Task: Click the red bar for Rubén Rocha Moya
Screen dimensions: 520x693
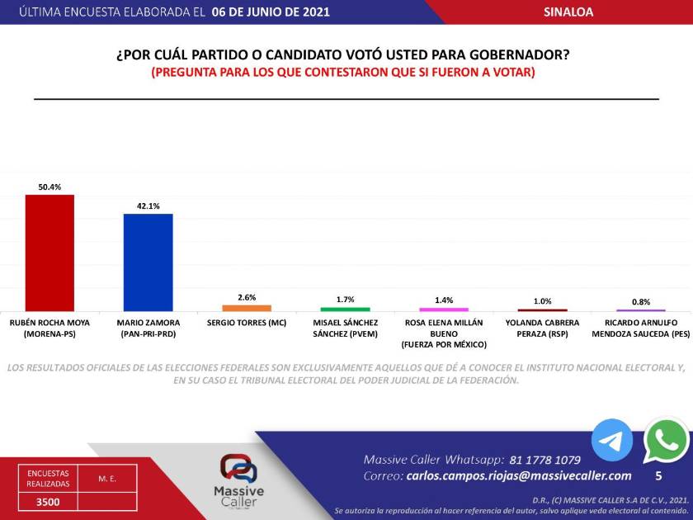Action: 49,253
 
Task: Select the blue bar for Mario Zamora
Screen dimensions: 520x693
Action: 148,262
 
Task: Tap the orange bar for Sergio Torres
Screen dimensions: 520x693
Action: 247,308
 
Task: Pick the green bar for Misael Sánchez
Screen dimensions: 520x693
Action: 345,309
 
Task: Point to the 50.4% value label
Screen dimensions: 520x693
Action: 49,187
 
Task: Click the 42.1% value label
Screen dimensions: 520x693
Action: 148,206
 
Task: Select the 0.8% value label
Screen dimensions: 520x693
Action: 641,301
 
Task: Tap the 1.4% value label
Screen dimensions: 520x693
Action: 444,300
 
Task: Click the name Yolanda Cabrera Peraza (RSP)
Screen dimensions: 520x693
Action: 542,328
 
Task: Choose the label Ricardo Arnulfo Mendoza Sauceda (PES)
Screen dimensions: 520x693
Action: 641,328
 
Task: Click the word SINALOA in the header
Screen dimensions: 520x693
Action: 568,12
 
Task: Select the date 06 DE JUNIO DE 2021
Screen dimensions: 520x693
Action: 271,12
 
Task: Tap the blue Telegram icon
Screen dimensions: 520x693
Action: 612,441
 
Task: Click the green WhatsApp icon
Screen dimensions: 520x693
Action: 667,441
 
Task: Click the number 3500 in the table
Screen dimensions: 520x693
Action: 47,501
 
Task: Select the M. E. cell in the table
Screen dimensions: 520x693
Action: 106,478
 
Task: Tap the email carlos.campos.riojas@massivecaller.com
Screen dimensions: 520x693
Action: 519,475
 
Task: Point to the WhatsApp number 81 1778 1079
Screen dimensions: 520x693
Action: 545,459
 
